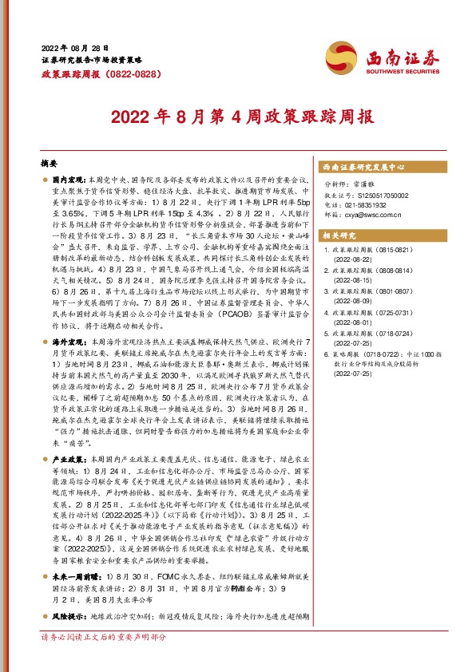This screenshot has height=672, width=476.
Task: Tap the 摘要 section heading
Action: [50, 162]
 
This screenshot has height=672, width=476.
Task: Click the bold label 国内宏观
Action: [69, 182]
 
